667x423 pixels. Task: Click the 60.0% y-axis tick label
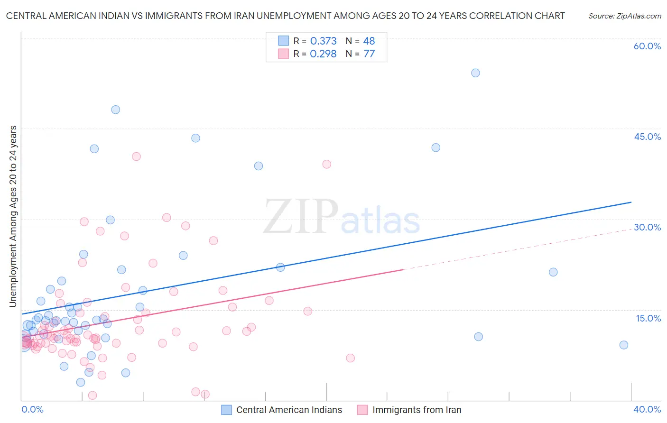647,46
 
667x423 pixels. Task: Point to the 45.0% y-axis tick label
647,137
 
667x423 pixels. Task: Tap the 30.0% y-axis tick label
647,227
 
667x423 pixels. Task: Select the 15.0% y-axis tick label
648,318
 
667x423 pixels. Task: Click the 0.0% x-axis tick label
32,409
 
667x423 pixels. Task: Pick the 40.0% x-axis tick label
647,409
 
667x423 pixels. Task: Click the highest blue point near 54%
475,73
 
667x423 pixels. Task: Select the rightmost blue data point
624,345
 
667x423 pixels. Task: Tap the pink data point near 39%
326,164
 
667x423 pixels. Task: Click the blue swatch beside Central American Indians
227,410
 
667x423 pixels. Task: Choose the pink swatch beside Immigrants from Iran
362,410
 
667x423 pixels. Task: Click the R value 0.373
323,41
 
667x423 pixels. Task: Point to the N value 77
369,54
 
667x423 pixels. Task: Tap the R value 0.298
323,54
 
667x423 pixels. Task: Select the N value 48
369,41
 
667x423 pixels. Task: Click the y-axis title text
13,216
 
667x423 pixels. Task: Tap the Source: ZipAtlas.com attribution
624,16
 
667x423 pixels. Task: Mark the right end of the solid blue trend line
631,202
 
